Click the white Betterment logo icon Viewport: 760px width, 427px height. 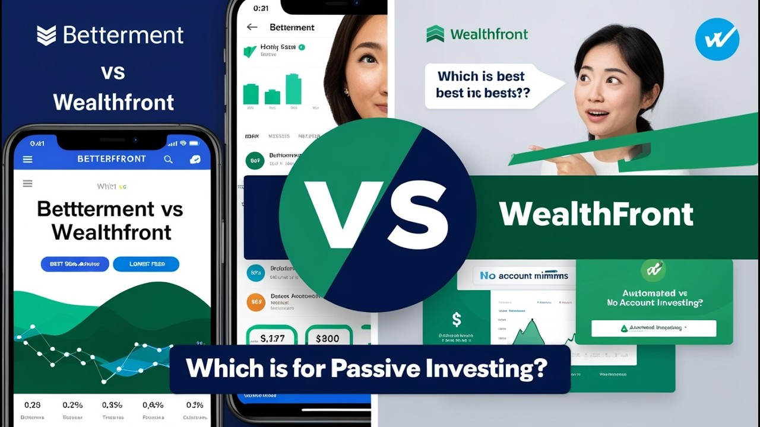46,36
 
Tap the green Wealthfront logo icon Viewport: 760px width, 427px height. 435,34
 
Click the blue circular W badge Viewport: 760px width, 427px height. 717,39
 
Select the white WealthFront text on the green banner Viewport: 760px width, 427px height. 596,214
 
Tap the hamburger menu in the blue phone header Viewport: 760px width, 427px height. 27,159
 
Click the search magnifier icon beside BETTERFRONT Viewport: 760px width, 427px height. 168,159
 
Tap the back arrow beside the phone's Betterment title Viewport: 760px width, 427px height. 252,27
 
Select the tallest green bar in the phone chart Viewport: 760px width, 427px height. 293,89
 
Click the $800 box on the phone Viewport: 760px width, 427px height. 327,339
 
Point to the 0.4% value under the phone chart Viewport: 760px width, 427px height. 153,405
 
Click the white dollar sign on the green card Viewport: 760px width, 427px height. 456,320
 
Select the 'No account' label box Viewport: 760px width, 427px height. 524,276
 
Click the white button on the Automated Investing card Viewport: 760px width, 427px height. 654,328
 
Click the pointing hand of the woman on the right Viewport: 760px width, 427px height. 541,149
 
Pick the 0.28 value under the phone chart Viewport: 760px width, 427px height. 32,405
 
